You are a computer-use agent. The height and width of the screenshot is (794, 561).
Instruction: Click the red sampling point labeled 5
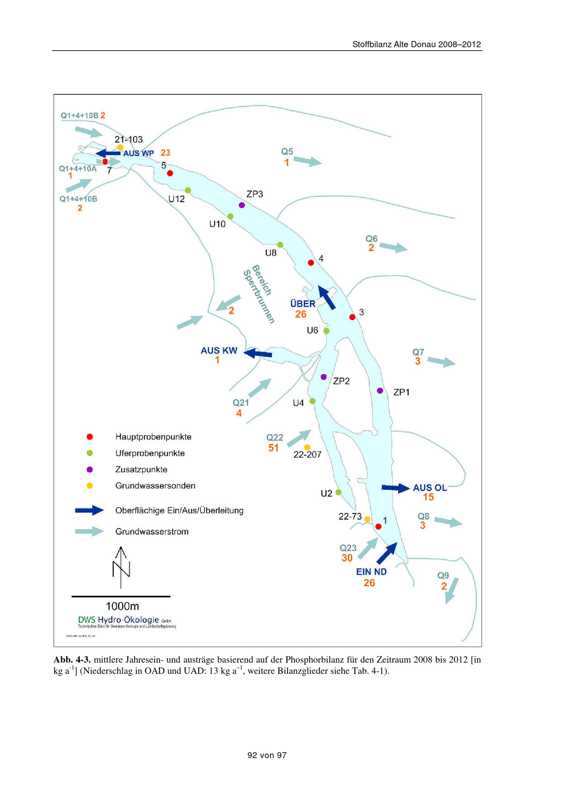point(170,173)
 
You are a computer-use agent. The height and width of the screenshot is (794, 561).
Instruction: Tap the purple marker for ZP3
point(242,205)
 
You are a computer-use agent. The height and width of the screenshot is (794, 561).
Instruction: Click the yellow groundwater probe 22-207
point(307,448)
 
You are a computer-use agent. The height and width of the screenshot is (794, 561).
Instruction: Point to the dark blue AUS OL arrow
point(395,488)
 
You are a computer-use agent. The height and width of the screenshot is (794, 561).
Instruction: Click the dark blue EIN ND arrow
point(387,553)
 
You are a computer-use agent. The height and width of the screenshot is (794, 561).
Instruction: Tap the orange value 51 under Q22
point(273,448)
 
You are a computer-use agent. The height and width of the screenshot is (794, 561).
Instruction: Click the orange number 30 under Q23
point(347,558)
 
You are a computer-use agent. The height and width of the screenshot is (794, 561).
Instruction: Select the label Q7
point(418,352)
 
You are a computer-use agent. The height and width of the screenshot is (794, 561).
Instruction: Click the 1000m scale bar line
point(121,596)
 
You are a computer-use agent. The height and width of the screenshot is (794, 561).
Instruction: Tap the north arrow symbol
point(121,567)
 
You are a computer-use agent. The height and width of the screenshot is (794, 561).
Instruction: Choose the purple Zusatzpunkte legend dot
point(89,469)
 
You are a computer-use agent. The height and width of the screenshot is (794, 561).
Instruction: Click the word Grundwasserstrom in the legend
point(152,531)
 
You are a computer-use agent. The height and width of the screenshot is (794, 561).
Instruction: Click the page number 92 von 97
point(267,755)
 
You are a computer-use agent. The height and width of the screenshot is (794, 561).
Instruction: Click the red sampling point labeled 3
point(352,317)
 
